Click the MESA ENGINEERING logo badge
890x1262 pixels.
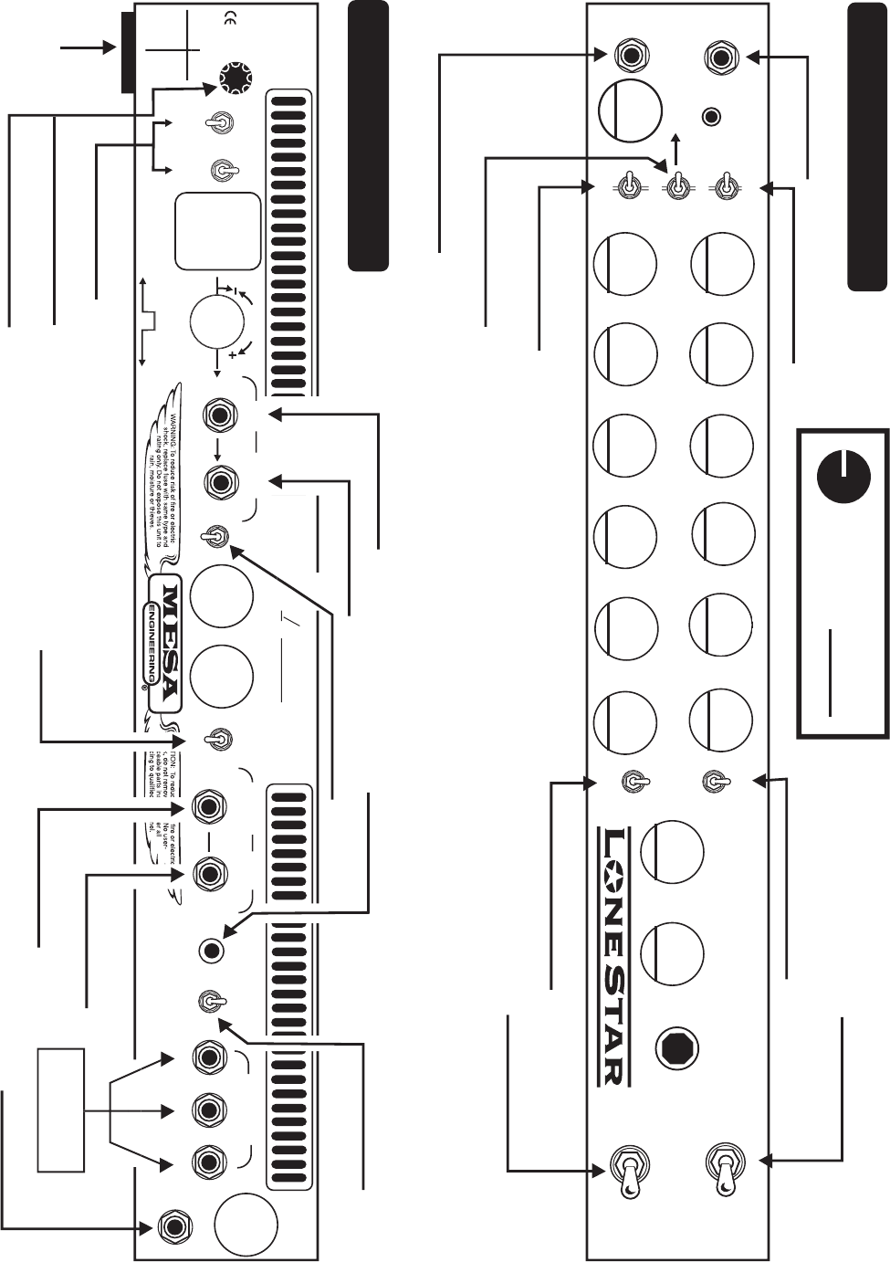tap(164, 642)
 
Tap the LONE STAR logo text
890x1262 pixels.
tap(613, 955)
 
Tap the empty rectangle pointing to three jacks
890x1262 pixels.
tap(60, 1110)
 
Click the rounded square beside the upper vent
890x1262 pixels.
tap(218, 231)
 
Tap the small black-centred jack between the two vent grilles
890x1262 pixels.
tap(212, 951)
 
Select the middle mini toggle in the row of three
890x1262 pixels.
tap(676, 187)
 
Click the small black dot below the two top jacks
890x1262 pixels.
tap(711, 117)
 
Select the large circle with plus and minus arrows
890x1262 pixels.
tap(217, 321)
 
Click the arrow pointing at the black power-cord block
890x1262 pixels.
tap(87, 46)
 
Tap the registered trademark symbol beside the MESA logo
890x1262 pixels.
tap(144, 687)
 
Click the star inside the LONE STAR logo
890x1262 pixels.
tap(613, 873)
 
